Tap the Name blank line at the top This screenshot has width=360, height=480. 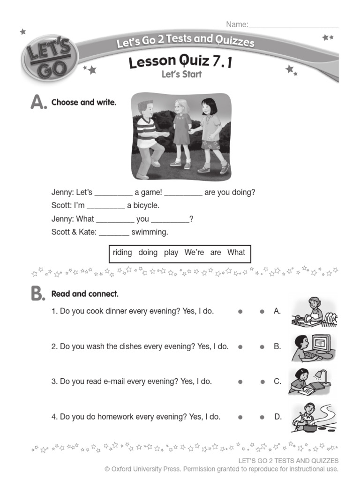point(293,25)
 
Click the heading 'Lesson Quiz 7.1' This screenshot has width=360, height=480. point(180,61)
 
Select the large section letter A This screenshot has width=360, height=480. point(38,102)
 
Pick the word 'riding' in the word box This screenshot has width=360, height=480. point(122,253)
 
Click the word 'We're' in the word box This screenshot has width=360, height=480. point(194,253)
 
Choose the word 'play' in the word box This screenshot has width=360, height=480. point(171,253)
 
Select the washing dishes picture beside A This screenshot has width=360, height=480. point(314,312)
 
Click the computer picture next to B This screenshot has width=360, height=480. point(313,347)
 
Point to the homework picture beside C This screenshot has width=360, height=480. point(310,381)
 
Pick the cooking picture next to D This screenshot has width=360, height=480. point(313,417)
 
